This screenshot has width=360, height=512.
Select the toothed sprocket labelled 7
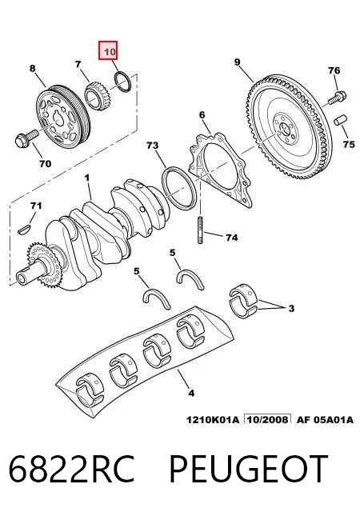click(x=96, y=95)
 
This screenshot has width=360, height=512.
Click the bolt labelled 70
click(x=26, y=138)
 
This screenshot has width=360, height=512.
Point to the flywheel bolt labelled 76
click(x=337, y=97)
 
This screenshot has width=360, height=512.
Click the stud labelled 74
click(x=200, y=230)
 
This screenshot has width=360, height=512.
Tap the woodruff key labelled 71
click(x=24, y=229)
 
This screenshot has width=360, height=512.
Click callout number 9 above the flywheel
click(x=238, y=62)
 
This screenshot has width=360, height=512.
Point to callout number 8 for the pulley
click(x=32, y=68)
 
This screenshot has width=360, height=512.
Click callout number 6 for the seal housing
click(x=202, y=114)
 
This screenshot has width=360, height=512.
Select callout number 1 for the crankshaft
click(x=86, y=178)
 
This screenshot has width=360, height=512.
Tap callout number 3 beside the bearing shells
click(x=291, y=308)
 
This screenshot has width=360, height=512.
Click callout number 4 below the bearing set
click(x=191, y=393)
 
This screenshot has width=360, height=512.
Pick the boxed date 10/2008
click(x=268, y=419)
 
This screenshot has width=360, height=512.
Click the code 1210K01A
click(x=213, y=419)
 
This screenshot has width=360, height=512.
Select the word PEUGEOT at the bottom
click(x=248, y=469)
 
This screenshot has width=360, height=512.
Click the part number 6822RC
click(x=71, y=469)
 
